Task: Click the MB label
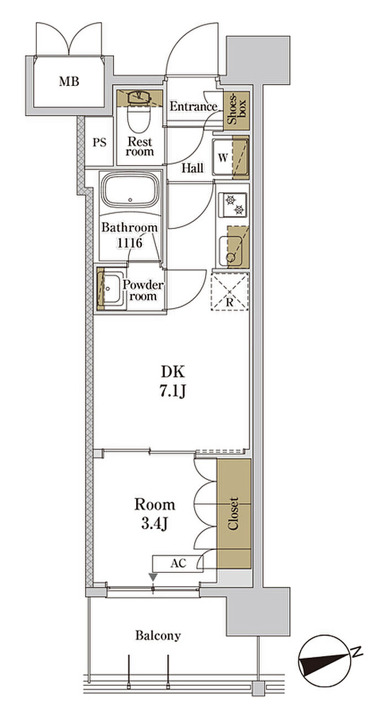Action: (x=69, y=81)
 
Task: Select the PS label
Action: (x=99, y=143)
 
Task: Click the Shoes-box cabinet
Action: (x=236, y=111)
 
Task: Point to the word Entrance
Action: (x=193, y=106)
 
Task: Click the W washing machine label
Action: (x=223, y=157)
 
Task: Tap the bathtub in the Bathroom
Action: (x=130, y=190)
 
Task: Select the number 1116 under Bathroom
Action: (x=130, y=243)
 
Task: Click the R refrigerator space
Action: (x=230, y=291)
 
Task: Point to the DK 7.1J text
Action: (x=173, y=381)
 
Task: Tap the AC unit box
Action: (x=178, y=564)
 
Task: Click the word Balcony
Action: (x=158, y=636)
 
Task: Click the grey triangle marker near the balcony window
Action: (x=153, y=577)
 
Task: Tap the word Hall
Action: (x=192, y=168)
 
